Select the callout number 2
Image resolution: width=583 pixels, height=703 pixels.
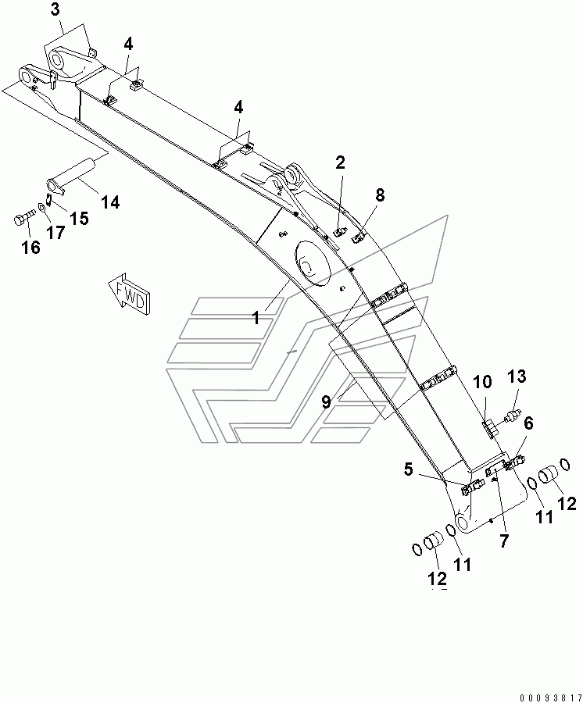[x=340, y=162]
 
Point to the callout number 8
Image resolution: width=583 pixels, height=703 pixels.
[x=380, y=195]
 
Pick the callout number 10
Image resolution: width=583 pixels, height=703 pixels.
[x=482, y=383]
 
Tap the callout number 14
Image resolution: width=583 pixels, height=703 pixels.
[x=110, y=202]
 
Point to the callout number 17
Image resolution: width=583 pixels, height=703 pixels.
[x=55, y=233]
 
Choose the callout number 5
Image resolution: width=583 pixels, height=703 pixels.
[x=409, y=470]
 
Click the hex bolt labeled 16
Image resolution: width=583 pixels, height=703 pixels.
[x=23, y=220]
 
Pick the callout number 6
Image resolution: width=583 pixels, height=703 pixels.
[x=529, y=423]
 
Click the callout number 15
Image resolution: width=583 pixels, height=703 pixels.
[x=79, y=219]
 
